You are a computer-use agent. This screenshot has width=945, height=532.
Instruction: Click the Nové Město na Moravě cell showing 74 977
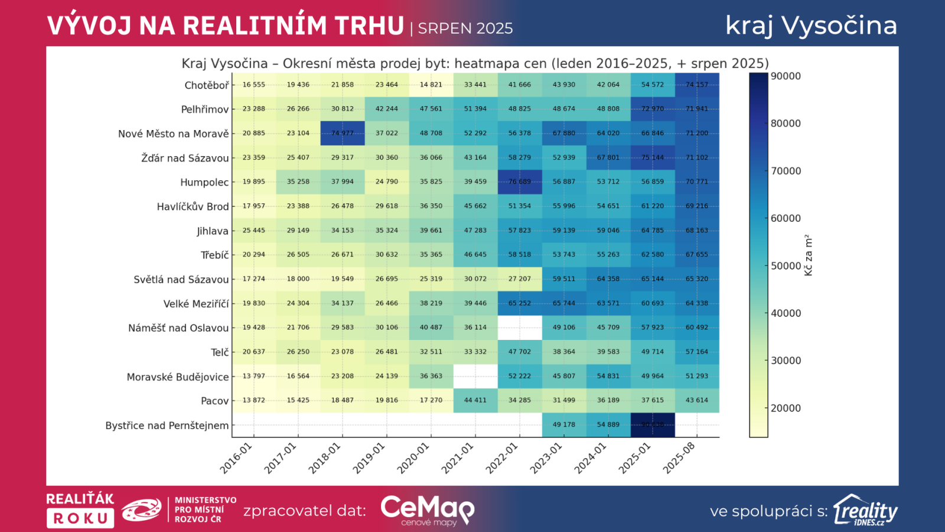point(343,133)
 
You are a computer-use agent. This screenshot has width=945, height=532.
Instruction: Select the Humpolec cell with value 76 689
point(520,181)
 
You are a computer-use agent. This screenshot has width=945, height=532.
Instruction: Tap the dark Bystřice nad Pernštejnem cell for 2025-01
point(653,424)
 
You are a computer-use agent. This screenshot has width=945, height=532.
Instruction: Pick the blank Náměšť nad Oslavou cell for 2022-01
point(520,327)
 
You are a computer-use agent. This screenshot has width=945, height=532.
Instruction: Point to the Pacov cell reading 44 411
point(475,400)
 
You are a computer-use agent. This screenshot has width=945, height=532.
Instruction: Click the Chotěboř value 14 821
point(431,85)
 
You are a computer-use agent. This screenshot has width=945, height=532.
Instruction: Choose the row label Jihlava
point(213,231)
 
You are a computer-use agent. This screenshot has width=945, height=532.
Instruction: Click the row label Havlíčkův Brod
point(193,206)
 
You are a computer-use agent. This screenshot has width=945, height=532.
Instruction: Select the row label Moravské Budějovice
point(178,377)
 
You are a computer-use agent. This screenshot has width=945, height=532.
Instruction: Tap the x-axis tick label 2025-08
point(679,458)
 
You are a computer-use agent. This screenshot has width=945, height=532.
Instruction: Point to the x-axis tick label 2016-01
point(236,458)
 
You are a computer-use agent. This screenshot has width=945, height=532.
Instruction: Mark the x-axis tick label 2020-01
point(413,458)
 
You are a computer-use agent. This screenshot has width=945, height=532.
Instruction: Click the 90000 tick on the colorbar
point(786,76)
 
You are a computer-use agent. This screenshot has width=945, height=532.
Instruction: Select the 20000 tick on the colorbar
point(786,408)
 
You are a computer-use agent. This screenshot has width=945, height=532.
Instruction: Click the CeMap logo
point(427,510)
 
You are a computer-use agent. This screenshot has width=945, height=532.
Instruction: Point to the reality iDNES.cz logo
point(865,510)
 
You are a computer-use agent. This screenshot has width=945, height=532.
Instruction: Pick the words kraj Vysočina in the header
point(811,25)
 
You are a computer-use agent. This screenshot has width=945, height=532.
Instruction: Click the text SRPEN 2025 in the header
point(465,28)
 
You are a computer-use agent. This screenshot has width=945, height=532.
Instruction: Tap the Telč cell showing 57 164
point(697,352)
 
